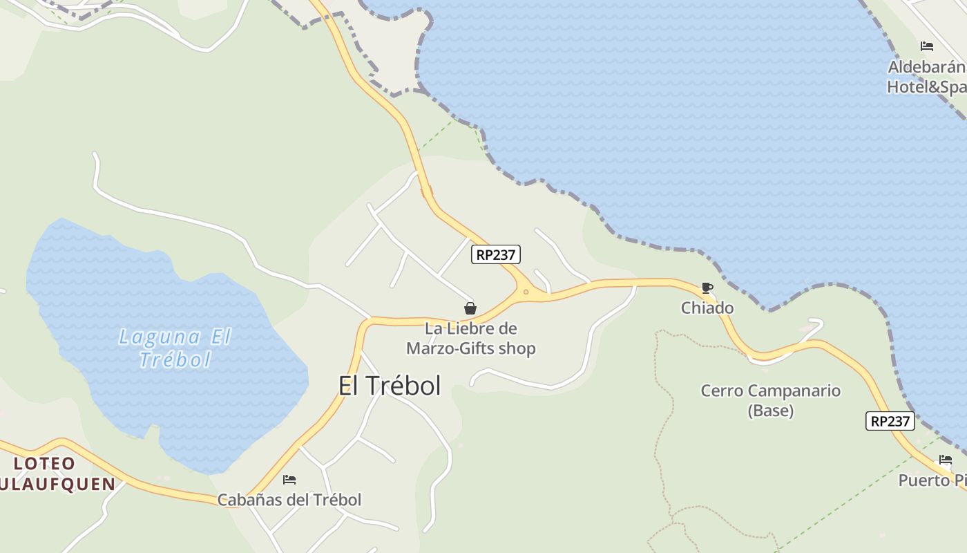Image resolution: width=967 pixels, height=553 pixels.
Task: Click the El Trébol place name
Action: coord(390,386)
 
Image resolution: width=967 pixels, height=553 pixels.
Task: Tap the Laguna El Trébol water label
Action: coord(175,348)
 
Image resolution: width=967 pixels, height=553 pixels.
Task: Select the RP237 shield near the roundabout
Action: coord(496,254)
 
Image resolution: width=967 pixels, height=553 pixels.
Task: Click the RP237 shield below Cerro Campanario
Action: coord(890,421)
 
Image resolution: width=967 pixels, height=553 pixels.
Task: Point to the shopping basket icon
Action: coord(470,308)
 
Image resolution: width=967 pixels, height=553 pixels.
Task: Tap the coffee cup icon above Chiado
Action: coord(707,288)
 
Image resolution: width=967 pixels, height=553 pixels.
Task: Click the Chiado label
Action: coord(707,308)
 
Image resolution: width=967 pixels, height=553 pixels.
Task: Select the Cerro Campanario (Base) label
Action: coord(770,400)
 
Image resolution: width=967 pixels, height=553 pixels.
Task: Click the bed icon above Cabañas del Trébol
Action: coord(289,479)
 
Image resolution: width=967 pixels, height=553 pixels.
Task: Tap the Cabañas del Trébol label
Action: coord(289,500)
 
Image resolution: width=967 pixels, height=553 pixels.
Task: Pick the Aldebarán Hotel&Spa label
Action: coord(926,77)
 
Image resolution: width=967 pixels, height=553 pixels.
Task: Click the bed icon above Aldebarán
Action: coord(927,46)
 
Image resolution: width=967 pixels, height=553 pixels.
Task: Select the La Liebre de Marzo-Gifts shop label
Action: coord(471,338)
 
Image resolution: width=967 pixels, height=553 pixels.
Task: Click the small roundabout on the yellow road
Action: coord(526,292)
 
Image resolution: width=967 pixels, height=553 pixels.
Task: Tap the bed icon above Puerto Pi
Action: coord(945,460)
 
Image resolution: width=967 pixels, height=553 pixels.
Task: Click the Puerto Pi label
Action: coord(932,480)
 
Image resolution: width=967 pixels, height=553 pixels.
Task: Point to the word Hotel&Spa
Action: coord(926,87)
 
